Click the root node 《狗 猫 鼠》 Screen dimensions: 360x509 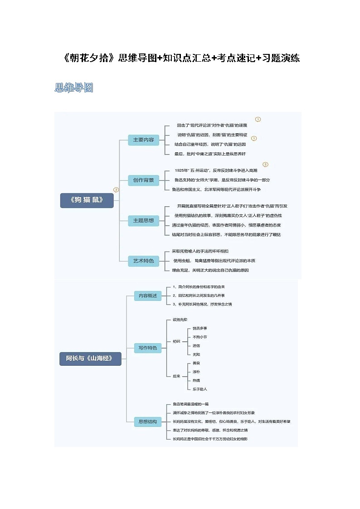(87, 200)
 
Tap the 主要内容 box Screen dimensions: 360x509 (143, 140)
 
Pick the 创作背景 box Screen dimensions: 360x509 (143, 180)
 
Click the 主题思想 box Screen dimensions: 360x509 (143, 221)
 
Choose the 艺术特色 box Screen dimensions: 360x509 (143, 261)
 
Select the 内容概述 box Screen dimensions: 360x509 (148, 296)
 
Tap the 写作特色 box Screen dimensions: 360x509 (148, 348)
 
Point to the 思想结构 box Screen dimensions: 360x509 (148, 422)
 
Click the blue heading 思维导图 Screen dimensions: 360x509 (74, 88)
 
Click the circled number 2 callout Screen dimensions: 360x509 (265, 165)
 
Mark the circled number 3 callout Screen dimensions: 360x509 (116, 190)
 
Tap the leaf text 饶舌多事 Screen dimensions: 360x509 (200, 328)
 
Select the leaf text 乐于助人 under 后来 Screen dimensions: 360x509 (200, 389)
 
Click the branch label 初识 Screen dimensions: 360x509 (176, 341)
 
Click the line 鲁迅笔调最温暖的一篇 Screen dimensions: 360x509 (190, 404)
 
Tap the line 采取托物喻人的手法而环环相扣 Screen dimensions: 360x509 (200, 251)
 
